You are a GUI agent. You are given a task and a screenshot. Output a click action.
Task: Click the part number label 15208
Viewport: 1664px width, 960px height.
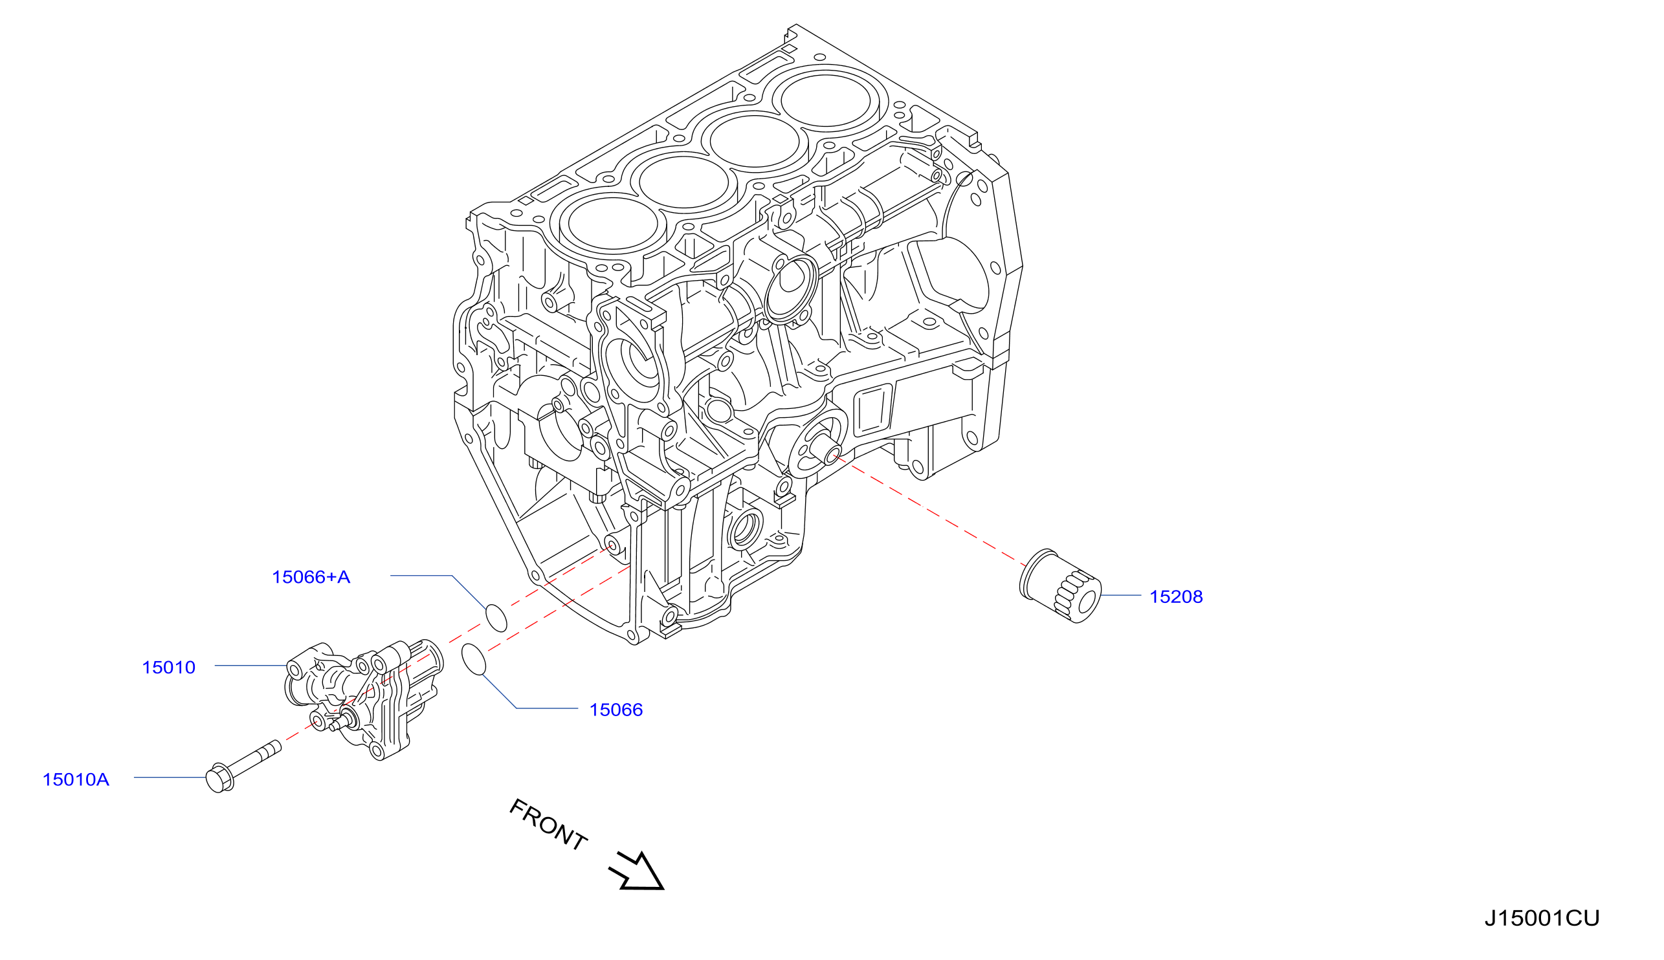1176,596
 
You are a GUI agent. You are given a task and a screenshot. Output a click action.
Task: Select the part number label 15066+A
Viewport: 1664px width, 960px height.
311,577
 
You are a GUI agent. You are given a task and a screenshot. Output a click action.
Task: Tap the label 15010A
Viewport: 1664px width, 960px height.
76,780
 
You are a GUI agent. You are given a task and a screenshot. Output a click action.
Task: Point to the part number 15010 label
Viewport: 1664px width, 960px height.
169,667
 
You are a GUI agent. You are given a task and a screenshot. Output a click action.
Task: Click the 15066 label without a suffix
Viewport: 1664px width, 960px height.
616,710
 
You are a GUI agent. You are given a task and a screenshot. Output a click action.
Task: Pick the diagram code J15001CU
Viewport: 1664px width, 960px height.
1542,918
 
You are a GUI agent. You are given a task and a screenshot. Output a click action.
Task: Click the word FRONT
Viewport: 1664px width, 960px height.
548,824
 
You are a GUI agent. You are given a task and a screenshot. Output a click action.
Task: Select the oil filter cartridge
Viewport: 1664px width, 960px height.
1060,585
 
